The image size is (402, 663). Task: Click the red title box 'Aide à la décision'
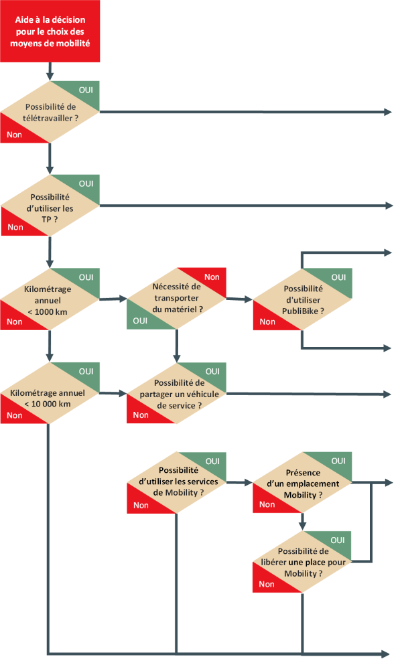pyautogui.click(x=50, y=31)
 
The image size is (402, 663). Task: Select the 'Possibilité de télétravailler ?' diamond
pyautogui.click(x=50, y=112)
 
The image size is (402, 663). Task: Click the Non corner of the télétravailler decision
pyautogui.click(x=13, y=134)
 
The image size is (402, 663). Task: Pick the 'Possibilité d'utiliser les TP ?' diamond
pyautogui.click(x=50, y=205)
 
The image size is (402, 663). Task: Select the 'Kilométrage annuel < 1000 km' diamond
pyautogui.click(x=50, y=299)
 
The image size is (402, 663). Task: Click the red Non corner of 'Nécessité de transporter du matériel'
pyautogui.click(x=212, y=277)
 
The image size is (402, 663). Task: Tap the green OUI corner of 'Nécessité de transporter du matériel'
pyautogui.click(x=141, y=320)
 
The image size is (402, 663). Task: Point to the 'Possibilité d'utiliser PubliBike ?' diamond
pyautogui.click(x=303, y=299)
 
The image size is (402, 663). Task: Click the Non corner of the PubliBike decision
pyautogui.click(x=267, y=321)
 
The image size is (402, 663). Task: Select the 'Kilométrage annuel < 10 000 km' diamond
pyautogui.click(x=50, y=393)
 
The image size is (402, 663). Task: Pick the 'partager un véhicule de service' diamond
pyautogui.click(x=177, y=393)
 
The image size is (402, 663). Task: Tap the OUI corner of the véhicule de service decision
pyautogui.click(x=212, y=371)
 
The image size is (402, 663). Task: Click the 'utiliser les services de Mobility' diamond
pyautogui.click(x=177, y=482)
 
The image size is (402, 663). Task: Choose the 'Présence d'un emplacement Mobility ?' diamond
pyautogui.click(x=303, y=482)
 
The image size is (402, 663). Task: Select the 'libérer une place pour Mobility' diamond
pyautogui.click(x=303, y=562)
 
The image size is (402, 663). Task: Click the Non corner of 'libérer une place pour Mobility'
pyautogui.click(x=267, y=584)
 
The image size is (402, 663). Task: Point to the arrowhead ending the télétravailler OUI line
pyautogui.click(x=389, y=112)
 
